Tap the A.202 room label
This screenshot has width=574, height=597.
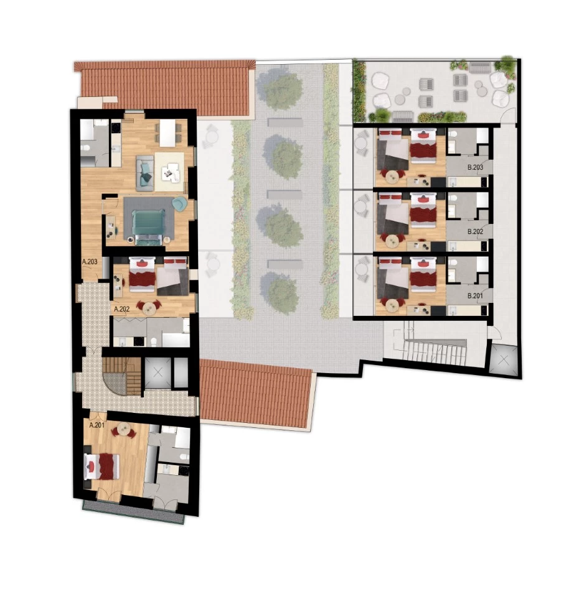click(x=121, y=308)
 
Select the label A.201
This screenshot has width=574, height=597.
click(x=96, y=425)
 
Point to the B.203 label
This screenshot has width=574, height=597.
click(x=475, y=167)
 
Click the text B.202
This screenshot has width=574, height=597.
click(x=475, y=231)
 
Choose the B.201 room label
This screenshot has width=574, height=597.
click(x=475, y=296)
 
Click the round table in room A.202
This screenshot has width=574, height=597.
click(x=149, y=307)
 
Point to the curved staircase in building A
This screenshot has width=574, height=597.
click(x=122, y=375)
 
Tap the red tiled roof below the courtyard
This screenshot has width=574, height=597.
click(x=256, y=394)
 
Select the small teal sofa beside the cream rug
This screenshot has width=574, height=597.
click(x=146, y=173)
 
